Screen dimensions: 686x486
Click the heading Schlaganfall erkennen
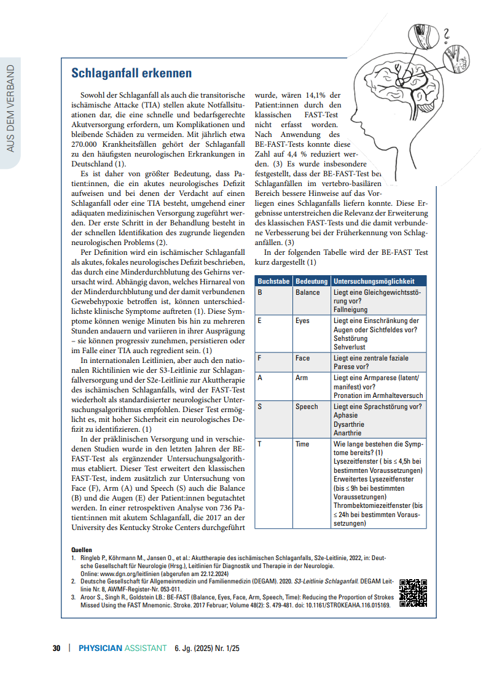pos(131,74)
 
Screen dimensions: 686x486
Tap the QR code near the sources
pos(413,593)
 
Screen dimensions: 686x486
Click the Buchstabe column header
pos(273,281)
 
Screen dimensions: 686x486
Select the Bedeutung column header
pos(312,281)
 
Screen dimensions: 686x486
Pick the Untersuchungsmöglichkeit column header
pos(378,281)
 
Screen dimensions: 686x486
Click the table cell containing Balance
pos(308,292)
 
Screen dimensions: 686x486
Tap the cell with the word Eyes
pos(302,321)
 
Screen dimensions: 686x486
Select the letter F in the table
pos(260,358)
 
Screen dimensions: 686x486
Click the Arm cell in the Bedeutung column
pos(302,378)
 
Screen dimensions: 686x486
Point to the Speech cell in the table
pos(307,407)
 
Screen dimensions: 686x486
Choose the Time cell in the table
pos(302,444)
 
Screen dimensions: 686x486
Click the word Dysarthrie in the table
pos(349,424)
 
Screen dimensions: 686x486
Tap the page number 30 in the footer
pos(57,648)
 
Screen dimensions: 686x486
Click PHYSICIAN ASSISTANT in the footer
pos(123,648)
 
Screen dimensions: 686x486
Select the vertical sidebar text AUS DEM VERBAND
pos(10,108)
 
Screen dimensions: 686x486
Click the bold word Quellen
pos(82,550)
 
